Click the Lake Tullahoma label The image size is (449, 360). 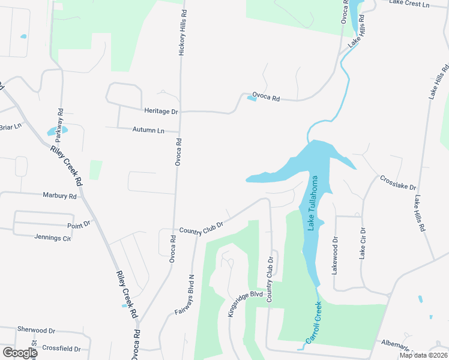[x=313, y=203]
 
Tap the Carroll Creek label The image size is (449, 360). [x=314, y=322]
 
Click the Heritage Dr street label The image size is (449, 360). [x=161, y=111]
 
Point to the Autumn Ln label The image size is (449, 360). [x=148, y=130]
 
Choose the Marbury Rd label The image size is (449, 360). [x=60, y=196]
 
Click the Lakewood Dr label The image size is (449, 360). [x=335, y=255]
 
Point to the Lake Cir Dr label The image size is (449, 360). [x=362, y=243]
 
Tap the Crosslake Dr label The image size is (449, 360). [x=397, y=183]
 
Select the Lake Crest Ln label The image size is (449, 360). [x=409, y=4]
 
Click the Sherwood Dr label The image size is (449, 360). [x=36, y=330]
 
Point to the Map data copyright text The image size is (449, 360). [x=423, y=355]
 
